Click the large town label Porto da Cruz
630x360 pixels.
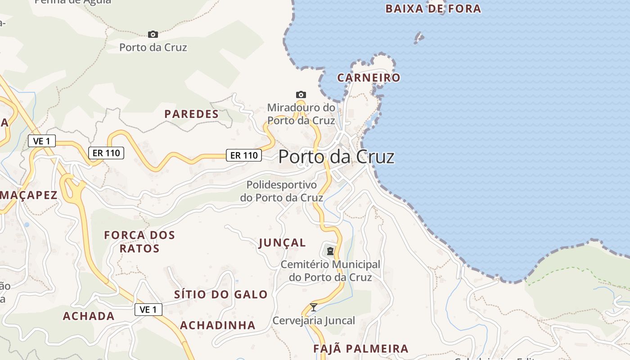coord(336,157)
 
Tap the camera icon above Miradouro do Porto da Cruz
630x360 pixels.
coord(301,94)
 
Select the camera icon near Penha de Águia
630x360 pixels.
coord(153,34)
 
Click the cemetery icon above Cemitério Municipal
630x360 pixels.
coord(330,251)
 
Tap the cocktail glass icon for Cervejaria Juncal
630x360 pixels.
coord(314,307)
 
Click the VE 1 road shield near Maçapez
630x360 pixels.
coord(41,141)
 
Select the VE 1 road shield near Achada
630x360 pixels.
coord(148,310)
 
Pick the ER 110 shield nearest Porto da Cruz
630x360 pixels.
coord(243,155)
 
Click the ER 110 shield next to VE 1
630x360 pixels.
coord(106,153)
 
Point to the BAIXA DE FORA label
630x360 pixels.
coord(433,9)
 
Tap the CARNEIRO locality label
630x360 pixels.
coord(369,77)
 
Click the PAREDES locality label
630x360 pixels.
coord(191,114)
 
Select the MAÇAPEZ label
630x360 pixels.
coord(28,195)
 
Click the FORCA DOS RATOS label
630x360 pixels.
coord(139,242)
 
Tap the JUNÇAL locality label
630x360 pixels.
coord(282,243)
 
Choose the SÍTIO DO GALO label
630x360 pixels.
coord(220,295)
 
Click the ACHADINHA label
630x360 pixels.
coord(217,325)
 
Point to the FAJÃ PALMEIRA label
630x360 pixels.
coord(360,349)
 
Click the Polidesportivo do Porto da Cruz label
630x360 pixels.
coord(281,191)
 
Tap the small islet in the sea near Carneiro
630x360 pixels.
coord(419,38)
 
